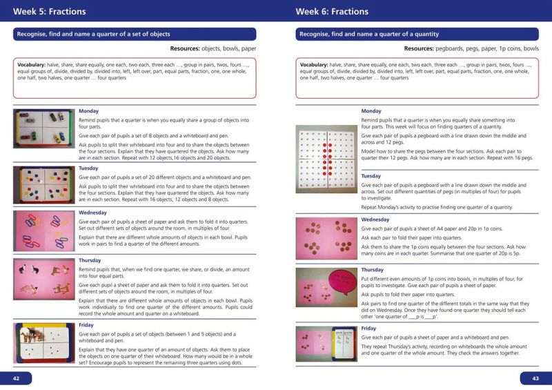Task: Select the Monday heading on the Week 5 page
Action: (x=90, y=110)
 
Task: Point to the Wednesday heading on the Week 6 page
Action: (x=376, y=220)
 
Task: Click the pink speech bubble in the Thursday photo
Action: (x=332, y=282)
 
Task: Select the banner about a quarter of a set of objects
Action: (x=135, y=34)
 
